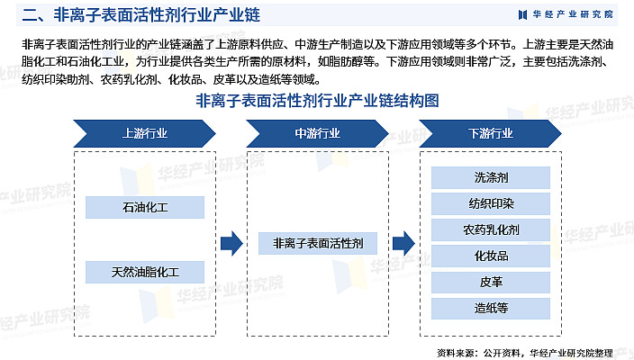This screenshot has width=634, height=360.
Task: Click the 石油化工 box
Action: (x=145, y=208)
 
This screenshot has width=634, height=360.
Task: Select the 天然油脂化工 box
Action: (x=145, y=272)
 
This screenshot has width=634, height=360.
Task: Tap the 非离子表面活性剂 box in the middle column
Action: (x=318, y=243)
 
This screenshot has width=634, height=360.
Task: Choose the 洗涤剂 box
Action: (x=491, y=177)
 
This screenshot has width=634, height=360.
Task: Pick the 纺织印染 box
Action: (x=491, y=203)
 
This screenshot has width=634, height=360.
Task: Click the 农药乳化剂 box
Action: (x=491, y=229)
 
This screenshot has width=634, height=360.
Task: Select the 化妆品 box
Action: (x=491, y=256)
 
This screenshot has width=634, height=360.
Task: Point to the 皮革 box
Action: (x=491, y=282)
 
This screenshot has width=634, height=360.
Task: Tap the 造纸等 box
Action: (x=491, y=308)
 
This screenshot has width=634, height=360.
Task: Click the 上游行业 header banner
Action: (x=145, y=133)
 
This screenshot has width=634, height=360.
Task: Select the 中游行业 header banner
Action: (x=318, y=133)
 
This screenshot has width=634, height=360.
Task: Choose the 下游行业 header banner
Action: (x=491, y=133)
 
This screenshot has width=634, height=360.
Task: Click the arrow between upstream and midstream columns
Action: (x=231, y=243)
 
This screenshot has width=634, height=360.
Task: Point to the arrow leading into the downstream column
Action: (x=403, y=243)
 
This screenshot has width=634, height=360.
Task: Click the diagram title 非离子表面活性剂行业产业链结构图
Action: (x=317, y=101)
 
